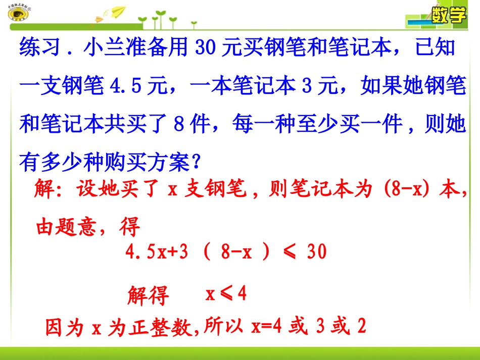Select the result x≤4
[226, 294]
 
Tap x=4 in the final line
[265, 328]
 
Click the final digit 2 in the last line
[361, 328]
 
